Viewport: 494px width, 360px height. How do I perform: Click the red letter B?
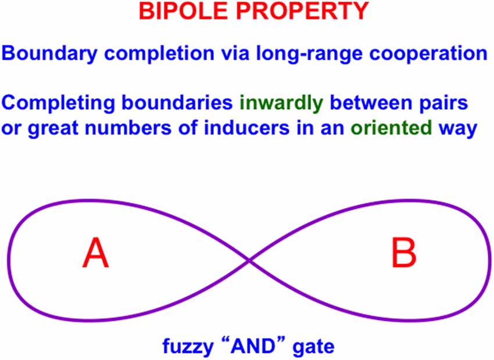[403, 254]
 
